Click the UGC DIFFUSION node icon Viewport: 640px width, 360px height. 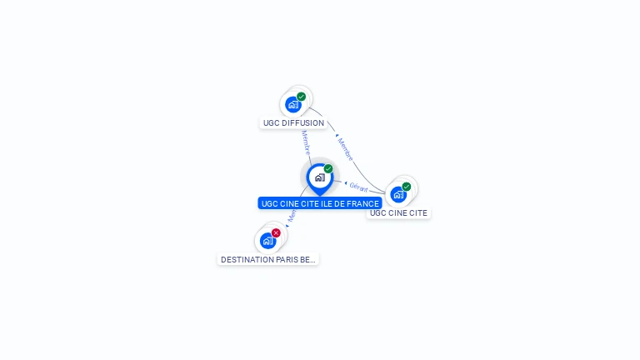click(292, 104)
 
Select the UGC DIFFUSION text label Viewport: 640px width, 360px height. click(293, 123)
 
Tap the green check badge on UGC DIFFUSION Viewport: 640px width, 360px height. click(302, 97)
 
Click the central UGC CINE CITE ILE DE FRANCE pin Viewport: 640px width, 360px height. click(319, 177)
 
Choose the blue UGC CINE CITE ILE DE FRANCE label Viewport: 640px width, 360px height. click(320, 203)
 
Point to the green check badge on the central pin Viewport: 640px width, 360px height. click(328, 169)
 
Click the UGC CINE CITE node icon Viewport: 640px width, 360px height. click(398, 194)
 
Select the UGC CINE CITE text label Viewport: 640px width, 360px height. click(398, 213)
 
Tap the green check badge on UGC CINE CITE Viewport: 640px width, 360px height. click(407, 187)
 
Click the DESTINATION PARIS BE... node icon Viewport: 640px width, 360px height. click(267, 241)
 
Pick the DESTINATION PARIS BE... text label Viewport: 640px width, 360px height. click(268, 260)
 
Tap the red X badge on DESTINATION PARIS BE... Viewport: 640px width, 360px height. click(277, 232)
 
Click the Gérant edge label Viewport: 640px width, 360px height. click(359, 187)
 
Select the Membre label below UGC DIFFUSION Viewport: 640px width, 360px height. click(306, 142)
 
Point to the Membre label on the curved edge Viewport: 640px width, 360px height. click(345, 149)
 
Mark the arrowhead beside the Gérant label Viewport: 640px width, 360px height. click(346, 183)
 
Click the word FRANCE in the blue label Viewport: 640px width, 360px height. click(364, 203)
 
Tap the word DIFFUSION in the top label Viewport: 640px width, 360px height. click(303, 123)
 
